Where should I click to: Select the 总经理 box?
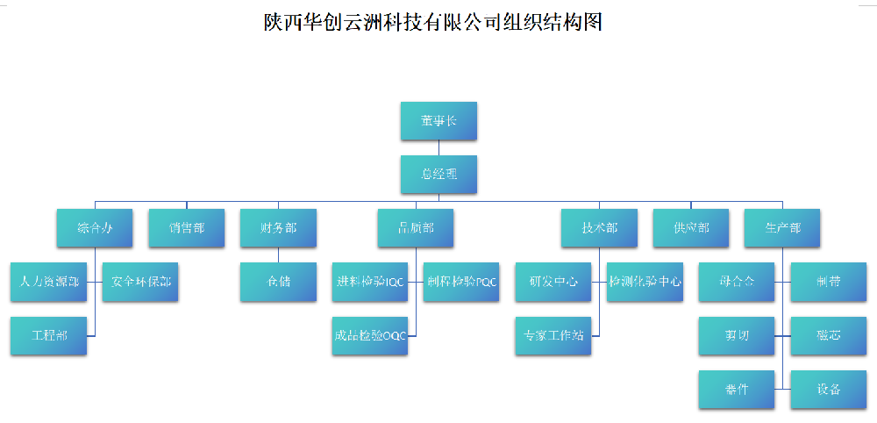pyautogui.click(x=438, y=174)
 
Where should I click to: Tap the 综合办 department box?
pyautogui.click(x=95, y=228)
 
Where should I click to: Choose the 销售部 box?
pyautogui.click(x=186, y=228)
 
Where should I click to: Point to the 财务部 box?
pyautogui.click(x=278, y=228)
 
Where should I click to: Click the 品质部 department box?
pyautogui.click(x=416, y=228)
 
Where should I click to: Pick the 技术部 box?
pyautogui.click(x=599, y=228)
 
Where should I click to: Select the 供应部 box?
pyautogui.click(x=691, y=228)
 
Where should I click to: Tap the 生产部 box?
pyautogui.click(x=782, y=228)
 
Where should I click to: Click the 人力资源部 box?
pyautogui.click(x=49, y=283)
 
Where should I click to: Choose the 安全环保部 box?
pyautogui.click(x=140, y=283)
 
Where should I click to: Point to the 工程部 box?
pyautogui.click(x=49, y=336)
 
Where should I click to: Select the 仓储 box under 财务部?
pyautogui.click(x=278, y=283)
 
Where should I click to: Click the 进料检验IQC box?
pyautogui.click(x=370, y=283)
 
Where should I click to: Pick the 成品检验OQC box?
pyautogui.click(x=370, y=336)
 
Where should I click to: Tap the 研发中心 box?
pyautogui.click(x=553, y=283)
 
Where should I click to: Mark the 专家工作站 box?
pyautogui.click(x=553, y=336)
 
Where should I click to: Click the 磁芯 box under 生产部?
pyautogui.click(x=828, y=336)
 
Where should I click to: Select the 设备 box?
pyautogui.click(x=828, y=390)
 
